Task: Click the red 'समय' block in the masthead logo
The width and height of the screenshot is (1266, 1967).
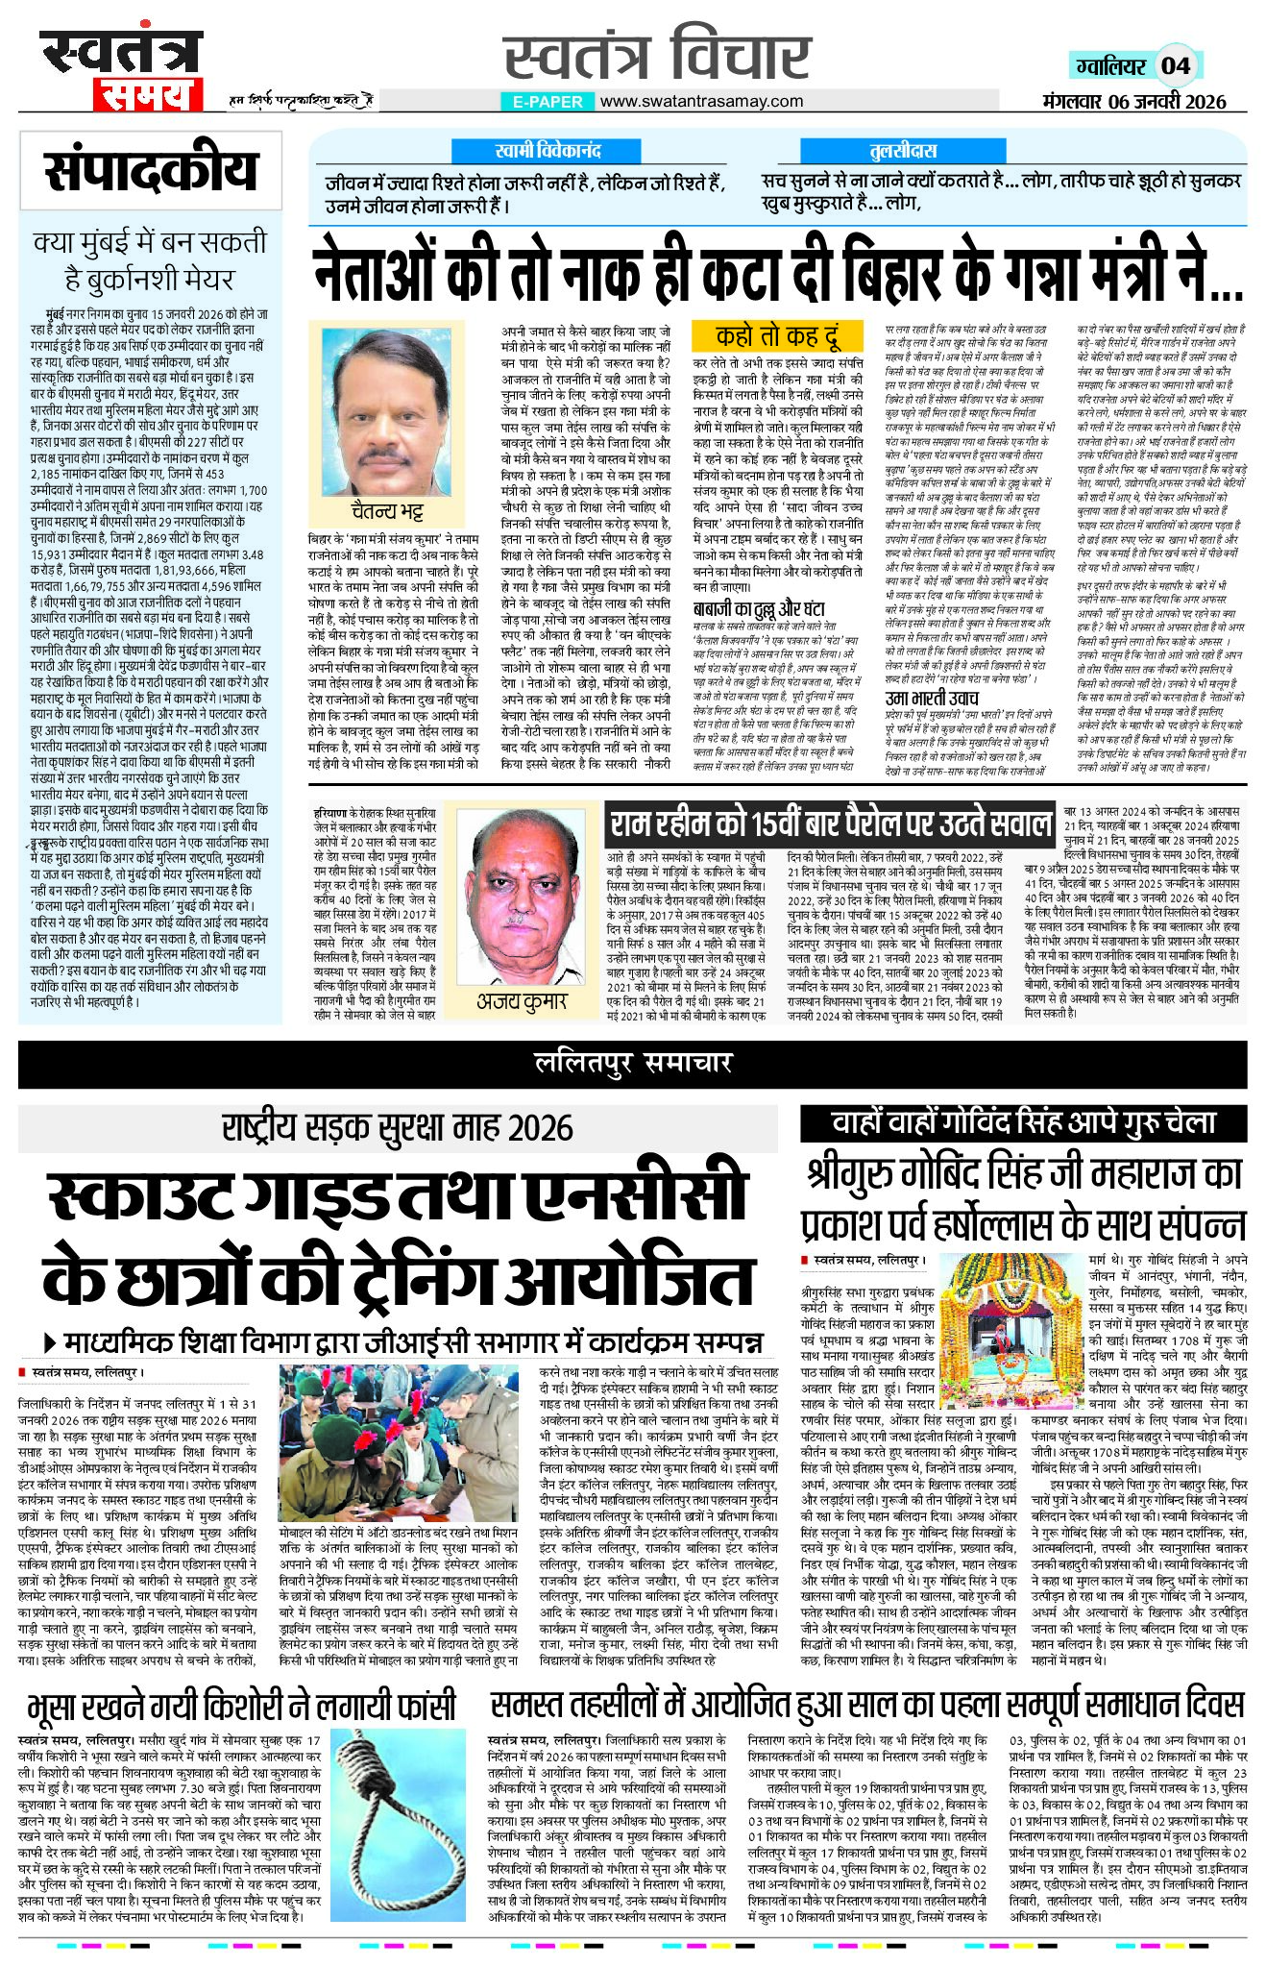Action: point(146,94)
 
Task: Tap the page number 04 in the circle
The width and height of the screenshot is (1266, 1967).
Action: point(1176,65)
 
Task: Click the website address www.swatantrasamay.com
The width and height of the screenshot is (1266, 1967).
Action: point(701,101)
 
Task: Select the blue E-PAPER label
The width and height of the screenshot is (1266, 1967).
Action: point(548,101)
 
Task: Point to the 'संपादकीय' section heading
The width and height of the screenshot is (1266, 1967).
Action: point(151,171)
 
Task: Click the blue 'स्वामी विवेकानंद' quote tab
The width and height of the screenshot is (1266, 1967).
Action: point(548,151)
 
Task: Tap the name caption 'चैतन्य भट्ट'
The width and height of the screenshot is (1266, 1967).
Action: point(387,509)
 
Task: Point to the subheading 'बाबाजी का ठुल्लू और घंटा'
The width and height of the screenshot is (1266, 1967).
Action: point(759,608)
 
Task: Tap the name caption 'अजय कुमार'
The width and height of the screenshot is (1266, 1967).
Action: point(523,1001)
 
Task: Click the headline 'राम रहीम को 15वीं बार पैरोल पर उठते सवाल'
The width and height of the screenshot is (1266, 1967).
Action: point(832,824)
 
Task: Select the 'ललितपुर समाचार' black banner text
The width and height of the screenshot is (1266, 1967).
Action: point(633,1062)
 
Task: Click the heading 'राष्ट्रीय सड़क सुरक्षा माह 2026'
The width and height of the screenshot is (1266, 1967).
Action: point(398,1127)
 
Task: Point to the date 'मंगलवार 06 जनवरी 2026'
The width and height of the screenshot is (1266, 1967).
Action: point(1133,102)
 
